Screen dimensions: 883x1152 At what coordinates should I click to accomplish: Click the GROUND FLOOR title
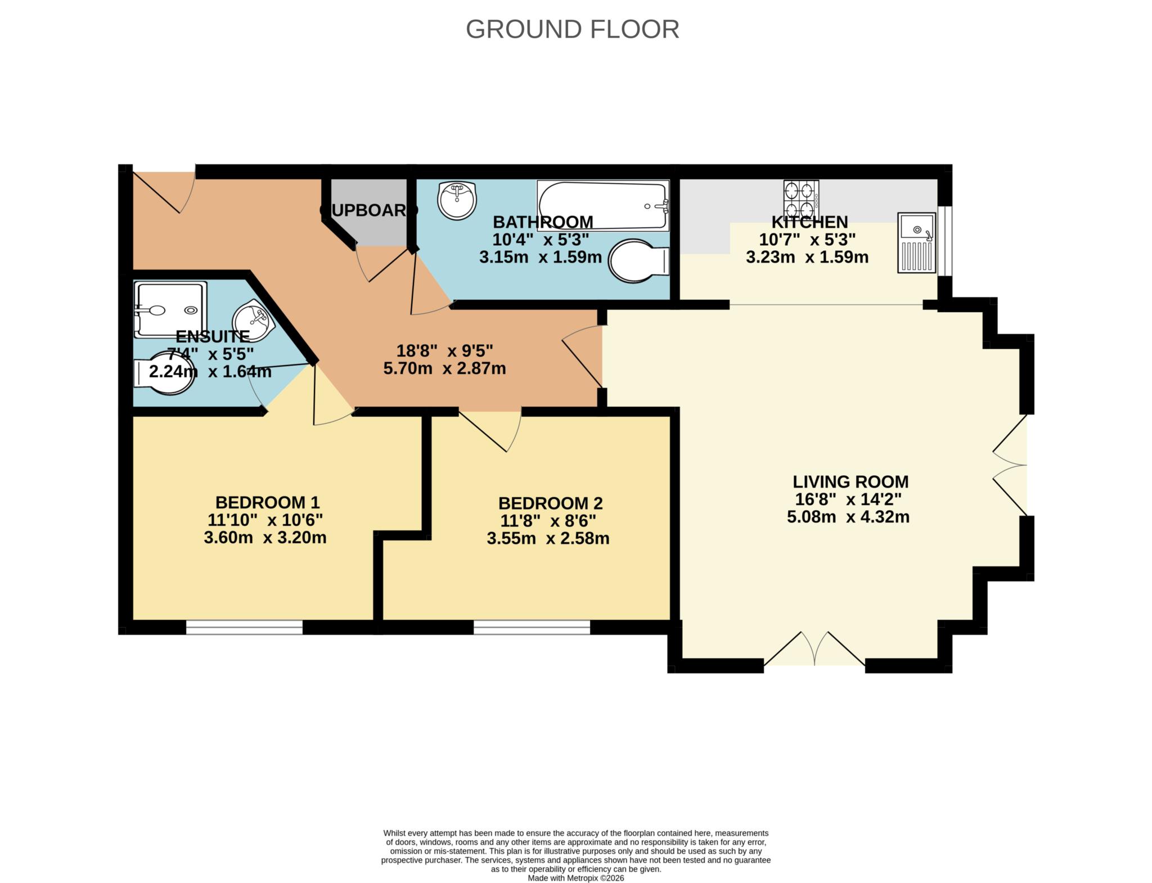(x=572, y=29)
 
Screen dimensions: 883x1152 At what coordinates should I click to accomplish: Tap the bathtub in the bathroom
(x=602, y=205)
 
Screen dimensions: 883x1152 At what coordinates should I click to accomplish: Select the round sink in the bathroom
(x=457, y=200)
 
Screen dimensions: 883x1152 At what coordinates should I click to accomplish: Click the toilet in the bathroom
(x=639, y=262)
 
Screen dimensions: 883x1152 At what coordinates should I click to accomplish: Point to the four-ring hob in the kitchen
(x=801, y=196)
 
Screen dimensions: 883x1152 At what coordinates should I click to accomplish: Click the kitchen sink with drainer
(x=916, y=242)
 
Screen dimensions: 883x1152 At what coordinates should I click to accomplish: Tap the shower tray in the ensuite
(x=170, y=309)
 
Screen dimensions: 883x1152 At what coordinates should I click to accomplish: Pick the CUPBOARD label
(x=368, y=210)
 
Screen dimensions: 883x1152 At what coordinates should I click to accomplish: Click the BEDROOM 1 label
(x=267, y=502)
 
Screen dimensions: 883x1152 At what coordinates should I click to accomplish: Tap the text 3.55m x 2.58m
(x=548, y=538)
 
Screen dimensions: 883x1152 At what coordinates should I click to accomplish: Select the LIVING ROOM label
(x=850, y=481)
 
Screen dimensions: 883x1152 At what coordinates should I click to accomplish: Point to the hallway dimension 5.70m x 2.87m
(x=444, y=368)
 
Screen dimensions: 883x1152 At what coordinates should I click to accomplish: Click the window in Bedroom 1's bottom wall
(x=244, y=627)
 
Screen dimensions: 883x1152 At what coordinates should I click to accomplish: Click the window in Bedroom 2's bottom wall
(x=532, y=627)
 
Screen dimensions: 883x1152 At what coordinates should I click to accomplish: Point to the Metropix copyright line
(x=575, y=878)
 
